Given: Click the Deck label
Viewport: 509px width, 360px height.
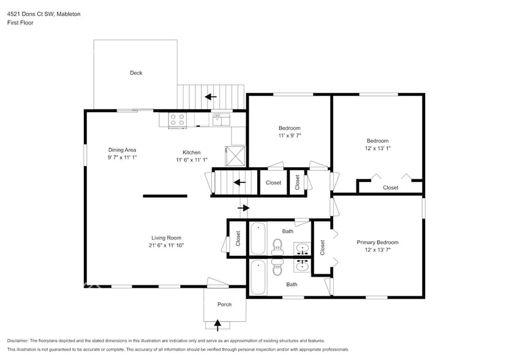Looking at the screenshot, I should [136, 73].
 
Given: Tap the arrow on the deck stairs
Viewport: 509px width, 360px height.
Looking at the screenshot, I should [211, 96].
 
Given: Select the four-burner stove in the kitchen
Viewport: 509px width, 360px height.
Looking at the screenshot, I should [178, 119].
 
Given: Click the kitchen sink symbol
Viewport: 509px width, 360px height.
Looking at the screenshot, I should [221, 119].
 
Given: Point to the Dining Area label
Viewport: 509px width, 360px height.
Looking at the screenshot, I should [122, 150].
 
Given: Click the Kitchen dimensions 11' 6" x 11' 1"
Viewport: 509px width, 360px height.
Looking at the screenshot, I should [191, 160].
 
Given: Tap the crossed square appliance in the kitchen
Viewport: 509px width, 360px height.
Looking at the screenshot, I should [235, 155].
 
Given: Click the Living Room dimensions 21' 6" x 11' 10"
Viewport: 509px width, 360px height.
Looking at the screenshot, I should [166, 245].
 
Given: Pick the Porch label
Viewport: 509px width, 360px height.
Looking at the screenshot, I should [225, 304].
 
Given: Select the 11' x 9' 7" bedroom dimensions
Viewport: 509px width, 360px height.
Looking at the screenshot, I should [289, 135].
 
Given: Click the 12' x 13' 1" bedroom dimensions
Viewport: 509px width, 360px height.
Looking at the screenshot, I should [377, 148].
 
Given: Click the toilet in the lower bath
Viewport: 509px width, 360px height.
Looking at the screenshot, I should [276, 268].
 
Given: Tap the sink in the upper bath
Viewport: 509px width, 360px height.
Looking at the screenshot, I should [301, 249].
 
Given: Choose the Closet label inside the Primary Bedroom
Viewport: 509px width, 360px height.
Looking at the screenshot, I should [322, 247].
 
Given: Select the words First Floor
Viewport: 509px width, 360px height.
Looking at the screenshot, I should [20, 23].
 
